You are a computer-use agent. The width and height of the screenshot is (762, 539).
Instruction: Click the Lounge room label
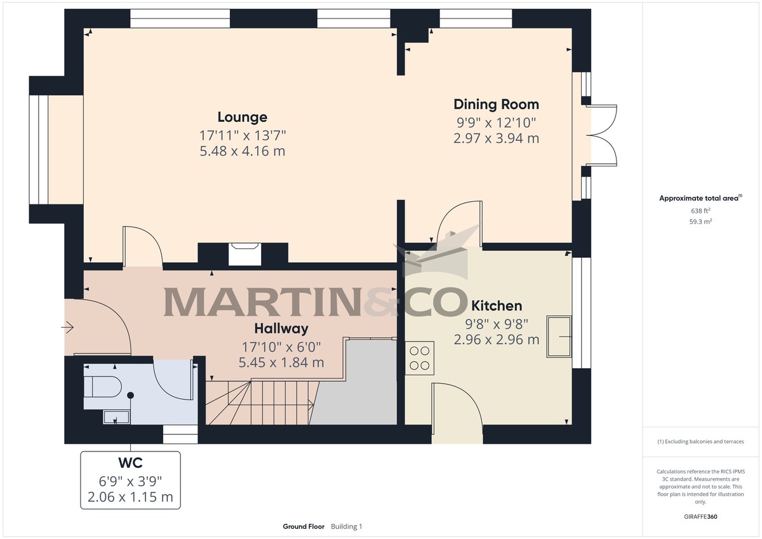242,117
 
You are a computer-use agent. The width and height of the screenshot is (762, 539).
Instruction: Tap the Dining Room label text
496,104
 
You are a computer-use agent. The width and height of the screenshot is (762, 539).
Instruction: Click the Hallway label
281,328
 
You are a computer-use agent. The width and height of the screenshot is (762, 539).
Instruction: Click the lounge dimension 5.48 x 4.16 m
242,151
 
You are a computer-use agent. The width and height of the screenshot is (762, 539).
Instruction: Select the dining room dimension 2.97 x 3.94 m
496,138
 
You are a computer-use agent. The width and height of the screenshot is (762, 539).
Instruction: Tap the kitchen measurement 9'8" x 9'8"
496,323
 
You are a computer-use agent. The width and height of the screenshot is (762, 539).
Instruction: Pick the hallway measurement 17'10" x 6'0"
281,346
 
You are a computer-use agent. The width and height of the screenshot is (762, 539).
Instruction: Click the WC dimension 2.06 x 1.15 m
130,496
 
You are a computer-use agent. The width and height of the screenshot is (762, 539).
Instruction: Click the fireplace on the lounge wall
244,253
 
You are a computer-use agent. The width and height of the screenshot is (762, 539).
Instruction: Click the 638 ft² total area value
700,211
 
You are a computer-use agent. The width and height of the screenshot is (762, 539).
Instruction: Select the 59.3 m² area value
700,222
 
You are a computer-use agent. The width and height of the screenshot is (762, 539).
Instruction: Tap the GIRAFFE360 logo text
700,517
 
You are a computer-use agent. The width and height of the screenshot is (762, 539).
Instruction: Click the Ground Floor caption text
304,526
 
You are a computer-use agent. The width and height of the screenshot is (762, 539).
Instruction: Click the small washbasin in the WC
116,416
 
